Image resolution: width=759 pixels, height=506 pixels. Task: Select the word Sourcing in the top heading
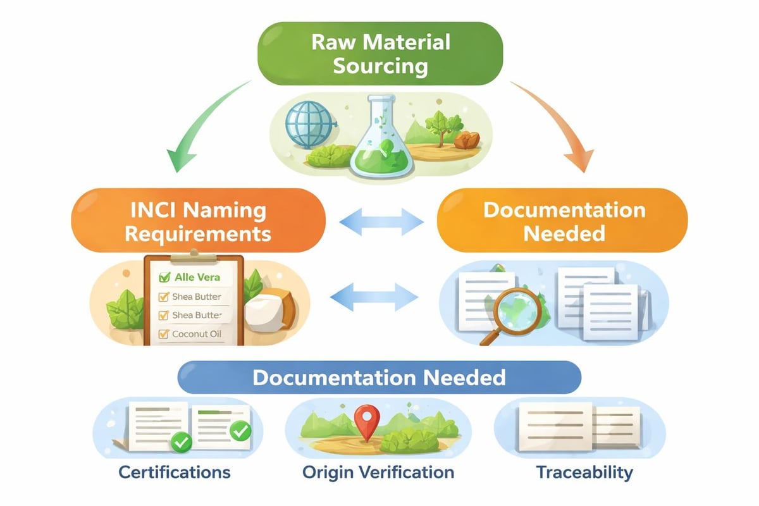point(379,66)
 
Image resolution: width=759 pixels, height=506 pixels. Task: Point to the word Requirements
point(198,233)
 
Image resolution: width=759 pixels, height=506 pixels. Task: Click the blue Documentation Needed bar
point(379,378)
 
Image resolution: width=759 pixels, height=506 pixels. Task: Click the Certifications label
point(175,472)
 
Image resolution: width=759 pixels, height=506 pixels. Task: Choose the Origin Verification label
point(378,472)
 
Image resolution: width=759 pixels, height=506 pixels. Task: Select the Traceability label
point(584,472)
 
